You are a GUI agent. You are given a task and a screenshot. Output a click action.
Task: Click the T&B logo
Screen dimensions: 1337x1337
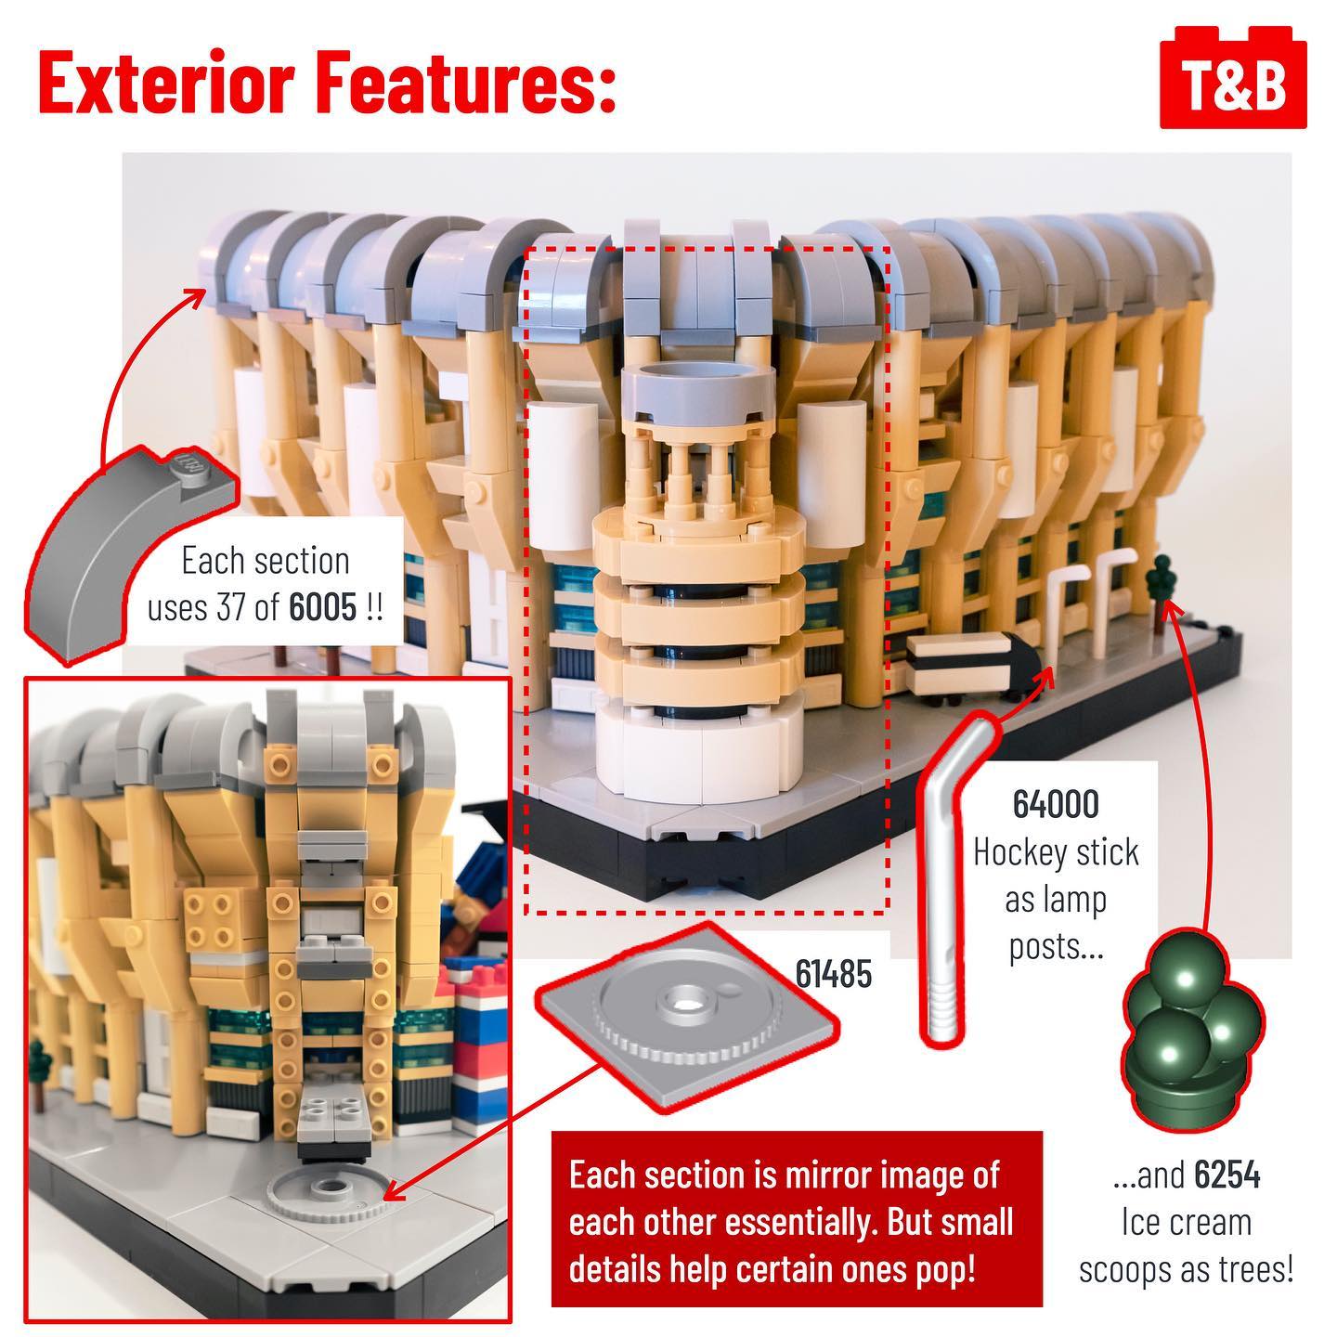click(x=1233, y=77)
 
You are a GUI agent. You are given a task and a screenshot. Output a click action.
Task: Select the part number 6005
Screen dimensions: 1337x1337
click(x=322, y=607)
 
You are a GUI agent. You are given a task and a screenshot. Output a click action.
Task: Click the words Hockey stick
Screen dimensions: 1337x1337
click(x=1056, y=851)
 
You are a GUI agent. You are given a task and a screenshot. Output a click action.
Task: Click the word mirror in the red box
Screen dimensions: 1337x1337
click(x=827, y=1175)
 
